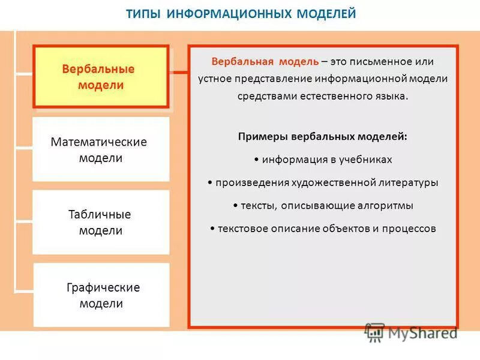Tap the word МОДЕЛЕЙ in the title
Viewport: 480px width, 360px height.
tap(325, 13)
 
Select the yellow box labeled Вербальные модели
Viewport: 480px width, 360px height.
tap(101, 77)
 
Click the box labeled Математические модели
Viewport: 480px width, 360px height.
tap(101, 150)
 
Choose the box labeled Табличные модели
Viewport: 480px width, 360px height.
tap(101, 222)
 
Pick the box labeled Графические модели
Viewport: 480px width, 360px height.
tap(101, 295)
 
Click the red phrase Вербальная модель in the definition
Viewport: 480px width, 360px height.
tap(265, 62)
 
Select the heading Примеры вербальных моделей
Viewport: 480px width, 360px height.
tap(323, 136)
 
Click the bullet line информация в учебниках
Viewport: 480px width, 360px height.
tap(323, 159)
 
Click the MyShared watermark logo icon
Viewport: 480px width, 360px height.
tap(375, 331)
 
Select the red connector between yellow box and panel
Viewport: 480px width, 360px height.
tap(179, 73)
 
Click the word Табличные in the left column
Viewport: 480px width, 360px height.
tap(100, 214)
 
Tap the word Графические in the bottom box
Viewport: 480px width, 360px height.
tap(103, 287)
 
